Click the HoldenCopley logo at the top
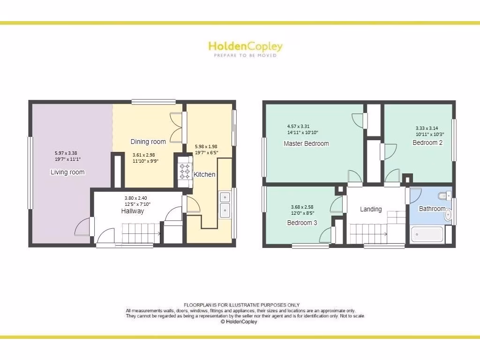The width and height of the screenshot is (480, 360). [x=245, y=46]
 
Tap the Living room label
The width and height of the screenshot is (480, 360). [x=67, y=172]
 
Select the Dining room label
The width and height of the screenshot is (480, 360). [x=148, y=142]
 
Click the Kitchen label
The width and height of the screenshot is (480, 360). [x=205, y=174]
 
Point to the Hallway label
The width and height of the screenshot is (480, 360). [x=133, y=211]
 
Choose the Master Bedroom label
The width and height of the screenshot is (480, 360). [x=306, y=143]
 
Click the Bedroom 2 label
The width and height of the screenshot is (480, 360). [x=427, y=142]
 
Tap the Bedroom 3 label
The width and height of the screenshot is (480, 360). [x=302, y=223]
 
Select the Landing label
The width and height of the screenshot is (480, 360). [x=371, y=209]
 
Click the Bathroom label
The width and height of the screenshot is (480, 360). [x=432, y=209]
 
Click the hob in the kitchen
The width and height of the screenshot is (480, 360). [x=184, y=172]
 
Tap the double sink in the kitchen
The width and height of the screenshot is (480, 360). [x=224, y=204]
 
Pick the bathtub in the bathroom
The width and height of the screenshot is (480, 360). [x=427, y=234]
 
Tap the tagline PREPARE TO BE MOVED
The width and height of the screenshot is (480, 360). [x=245, y=55]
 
